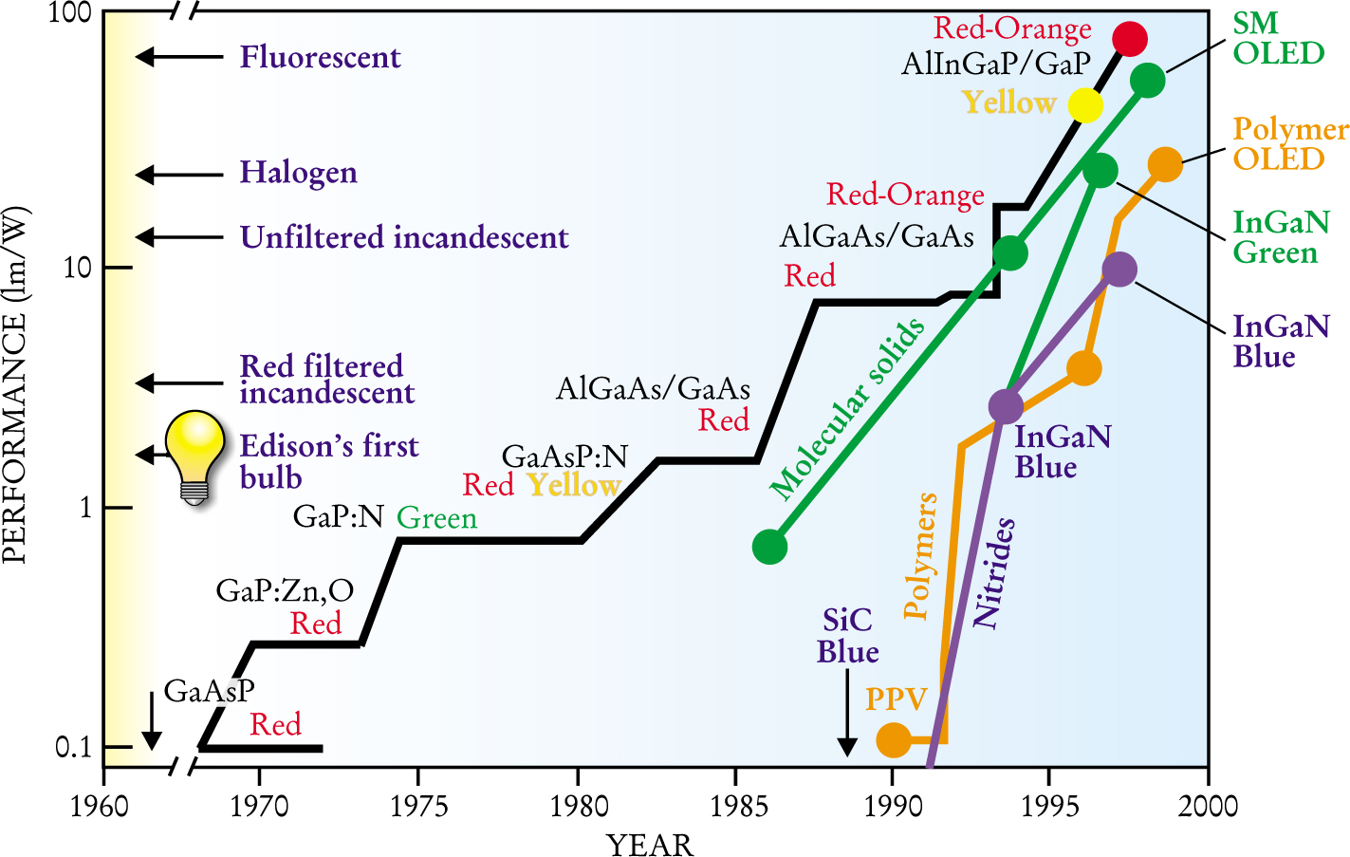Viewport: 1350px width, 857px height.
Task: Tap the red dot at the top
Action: [x=1130, y=39]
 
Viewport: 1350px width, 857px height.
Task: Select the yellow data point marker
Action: [x=1085, y=105]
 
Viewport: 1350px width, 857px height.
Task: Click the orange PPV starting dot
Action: [x=894, y=739]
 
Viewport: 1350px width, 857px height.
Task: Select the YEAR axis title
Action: [x=650, y=844]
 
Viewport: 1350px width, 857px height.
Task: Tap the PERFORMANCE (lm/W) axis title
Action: [x=15, y=385]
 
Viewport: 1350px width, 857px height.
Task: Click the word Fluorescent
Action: [x=320, y=57]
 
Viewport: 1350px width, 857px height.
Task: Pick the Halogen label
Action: [x=298, y=173]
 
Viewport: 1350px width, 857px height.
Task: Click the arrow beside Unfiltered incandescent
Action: [x=179, y=236]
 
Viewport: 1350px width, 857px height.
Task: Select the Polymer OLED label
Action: [x=1289, y=143]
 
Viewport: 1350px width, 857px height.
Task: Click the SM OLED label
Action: [x=1277, y=38]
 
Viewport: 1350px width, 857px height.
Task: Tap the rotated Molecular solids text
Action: [x=846, y=408]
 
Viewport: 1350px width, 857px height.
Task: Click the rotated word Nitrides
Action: [x=994, y=572]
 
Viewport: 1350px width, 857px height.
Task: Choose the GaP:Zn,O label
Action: [x=285, y=590]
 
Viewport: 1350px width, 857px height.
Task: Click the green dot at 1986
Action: [x=769, y=547]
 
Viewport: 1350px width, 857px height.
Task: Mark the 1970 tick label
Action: [x=259, y=807]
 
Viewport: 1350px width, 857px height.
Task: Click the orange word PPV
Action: [x=896, y=699]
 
